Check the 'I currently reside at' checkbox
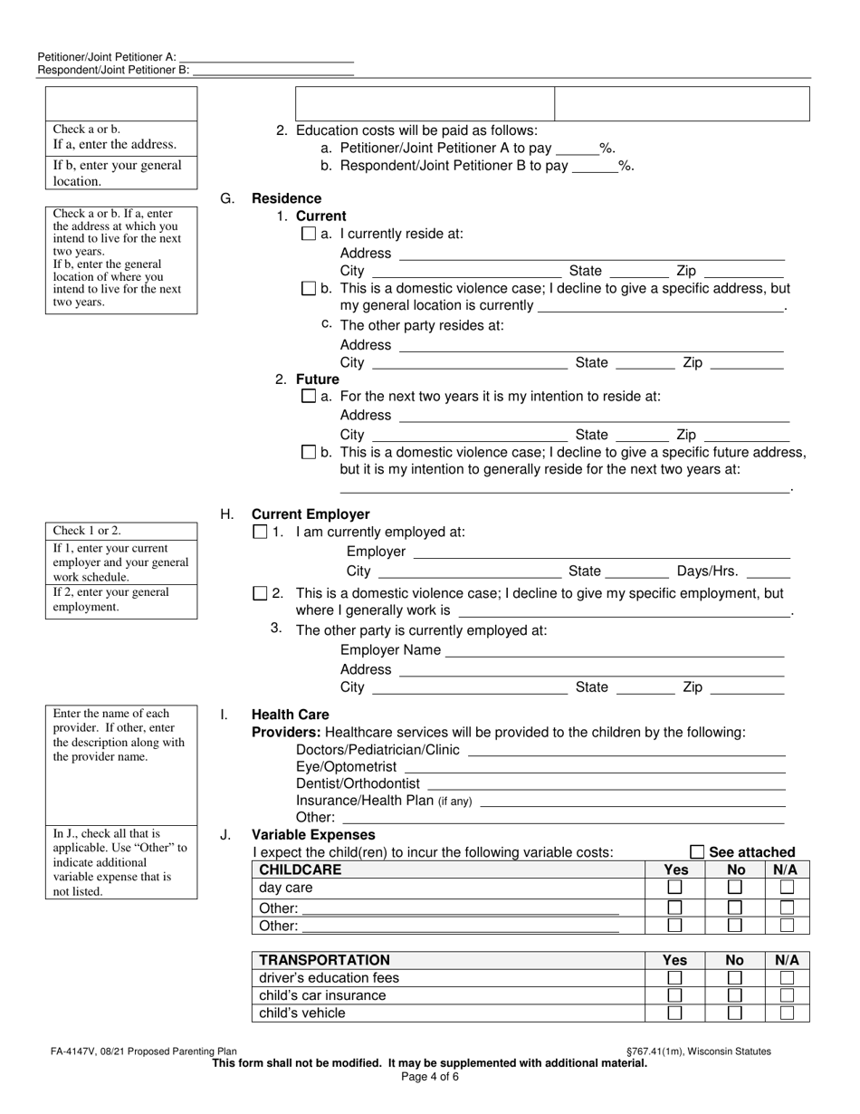coord(308,234)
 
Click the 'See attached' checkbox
coord(697,852)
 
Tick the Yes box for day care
coord(675,888)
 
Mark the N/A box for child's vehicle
coord(788,1013)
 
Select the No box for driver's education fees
coord(735,978)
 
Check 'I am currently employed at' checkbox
coord(261,533)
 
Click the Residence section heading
coord(286,198)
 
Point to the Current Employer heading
coord(311,514)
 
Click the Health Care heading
coord(290,715)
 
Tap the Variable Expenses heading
coord(312,834)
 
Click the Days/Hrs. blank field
coord(769,571)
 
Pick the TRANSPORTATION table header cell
coord(324,960)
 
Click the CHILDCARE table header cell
coord(301,869)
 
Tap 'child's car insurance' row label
coord(322,995)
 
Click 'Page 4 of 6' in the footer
coord(429,1077)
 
